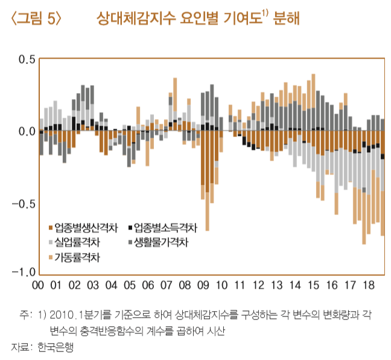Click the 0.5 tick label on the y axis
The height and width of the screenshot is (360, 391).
[x=22, y=59]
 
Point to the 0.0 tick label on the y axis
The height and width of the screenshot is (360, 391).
[x=22, y=131]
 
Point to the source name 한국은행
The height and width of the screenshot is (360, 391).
[x=56, y=348]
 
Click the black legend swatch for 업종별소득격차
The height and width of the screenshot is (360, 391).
[x=130, y=228]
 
